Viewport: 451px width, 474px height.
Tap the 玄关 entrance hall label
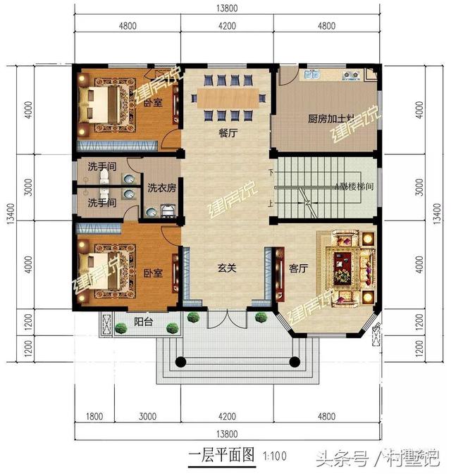[225, 268]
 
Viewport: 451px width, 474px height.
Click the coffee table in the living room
[345, 266]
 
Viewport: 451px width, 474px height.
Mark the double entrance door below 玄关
[225, 325]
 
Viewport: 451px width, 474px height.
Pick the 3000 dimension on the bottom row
[148, 416]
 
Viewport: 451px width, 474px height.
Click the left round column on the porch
[180, 362]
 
